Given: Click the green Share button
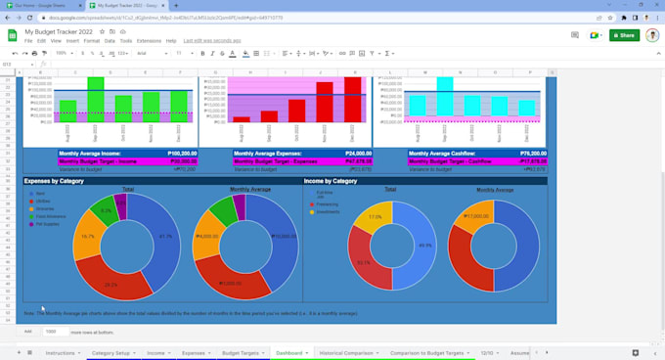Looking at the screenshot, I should pos(624,35).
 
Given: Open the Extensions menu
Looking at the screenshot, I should pos(149,41).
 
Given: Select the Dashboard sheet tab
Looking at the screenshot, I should pos(289,352).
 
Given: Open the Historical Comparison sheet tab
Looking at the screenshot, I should pos(346,352).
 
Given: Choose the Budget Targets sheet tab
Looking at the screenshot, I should pos(241,352).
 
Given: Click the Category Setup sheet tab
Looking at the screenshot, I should pos(111,352).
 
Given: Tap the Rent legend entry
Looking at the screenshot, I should pos(40,194).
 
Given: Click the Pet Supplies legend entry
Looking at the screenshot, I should pos(47,224).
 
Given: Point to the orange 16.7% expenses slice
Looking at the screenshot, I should pos(86,237).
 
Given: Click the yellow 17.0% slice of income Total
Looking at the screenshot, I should pos(374,217).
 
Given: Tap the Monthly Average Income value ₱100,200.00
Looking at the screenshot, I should pos(181,154).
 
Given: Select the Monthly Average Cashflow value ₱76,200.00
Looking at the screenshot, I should pos(532,154).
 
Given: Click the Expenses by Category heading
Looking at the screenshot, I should pos(53,181).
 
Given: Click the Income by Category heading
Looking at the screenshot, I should pos(331,181).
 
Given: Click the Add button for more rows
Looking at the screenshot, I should pos(27,332).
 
